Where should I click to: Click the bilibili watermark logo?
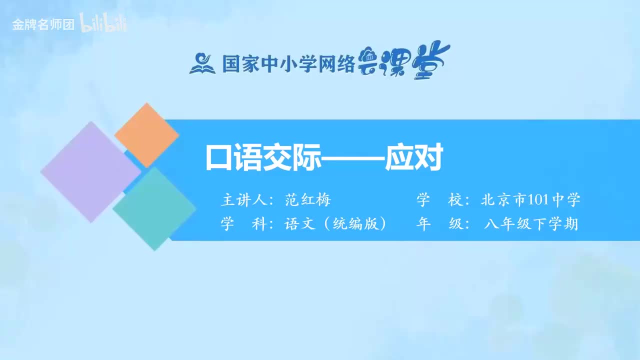[x=103, y=24]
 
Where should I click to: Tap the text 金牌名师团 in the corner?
[x=43, y=25]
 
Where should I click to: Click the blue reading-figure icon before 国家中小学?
[x=201, y=63]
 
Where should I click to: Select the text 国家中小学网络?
[x=288, y=64]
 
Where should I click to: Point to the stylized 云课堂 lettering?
[x=404, y=60]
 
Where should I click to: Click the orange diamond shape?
[x=146, y=135]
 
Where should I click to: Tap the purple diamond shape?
[x=90, y=171]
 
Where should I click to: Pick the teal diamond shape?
[x=154, y=208]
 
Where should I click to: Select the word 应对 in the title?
[x=414, y=158]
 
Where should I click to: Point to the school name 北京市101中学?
[x=530, y=200]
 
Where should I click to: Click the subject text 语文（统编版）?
[x=335, y=224]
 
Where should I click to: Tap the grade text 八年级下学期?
[x=530, y=224]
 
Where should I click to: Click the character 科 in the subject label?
[x=258, y=224]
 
